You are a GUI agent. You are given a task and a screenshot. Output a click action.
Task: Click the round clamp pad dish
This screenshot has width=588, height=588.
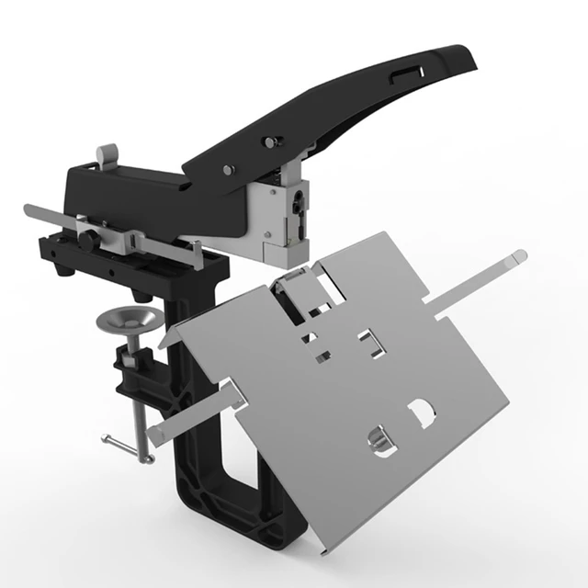point(130,321)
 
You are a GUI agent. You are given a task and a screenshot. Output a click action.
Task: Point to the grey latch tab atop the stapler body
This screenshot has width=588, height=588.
point(107,154)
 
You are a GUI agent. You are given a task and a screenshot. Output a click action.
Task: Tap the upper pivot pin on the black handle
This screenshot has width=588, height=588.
point(271,141)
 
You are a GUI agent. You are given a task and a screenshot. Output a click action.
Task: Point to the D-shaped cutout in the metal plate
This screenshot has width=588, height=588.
point(422,413)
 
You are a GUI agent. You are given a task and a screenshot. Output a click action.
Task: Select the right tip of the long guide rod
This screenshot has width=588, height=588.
point(520,255)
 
